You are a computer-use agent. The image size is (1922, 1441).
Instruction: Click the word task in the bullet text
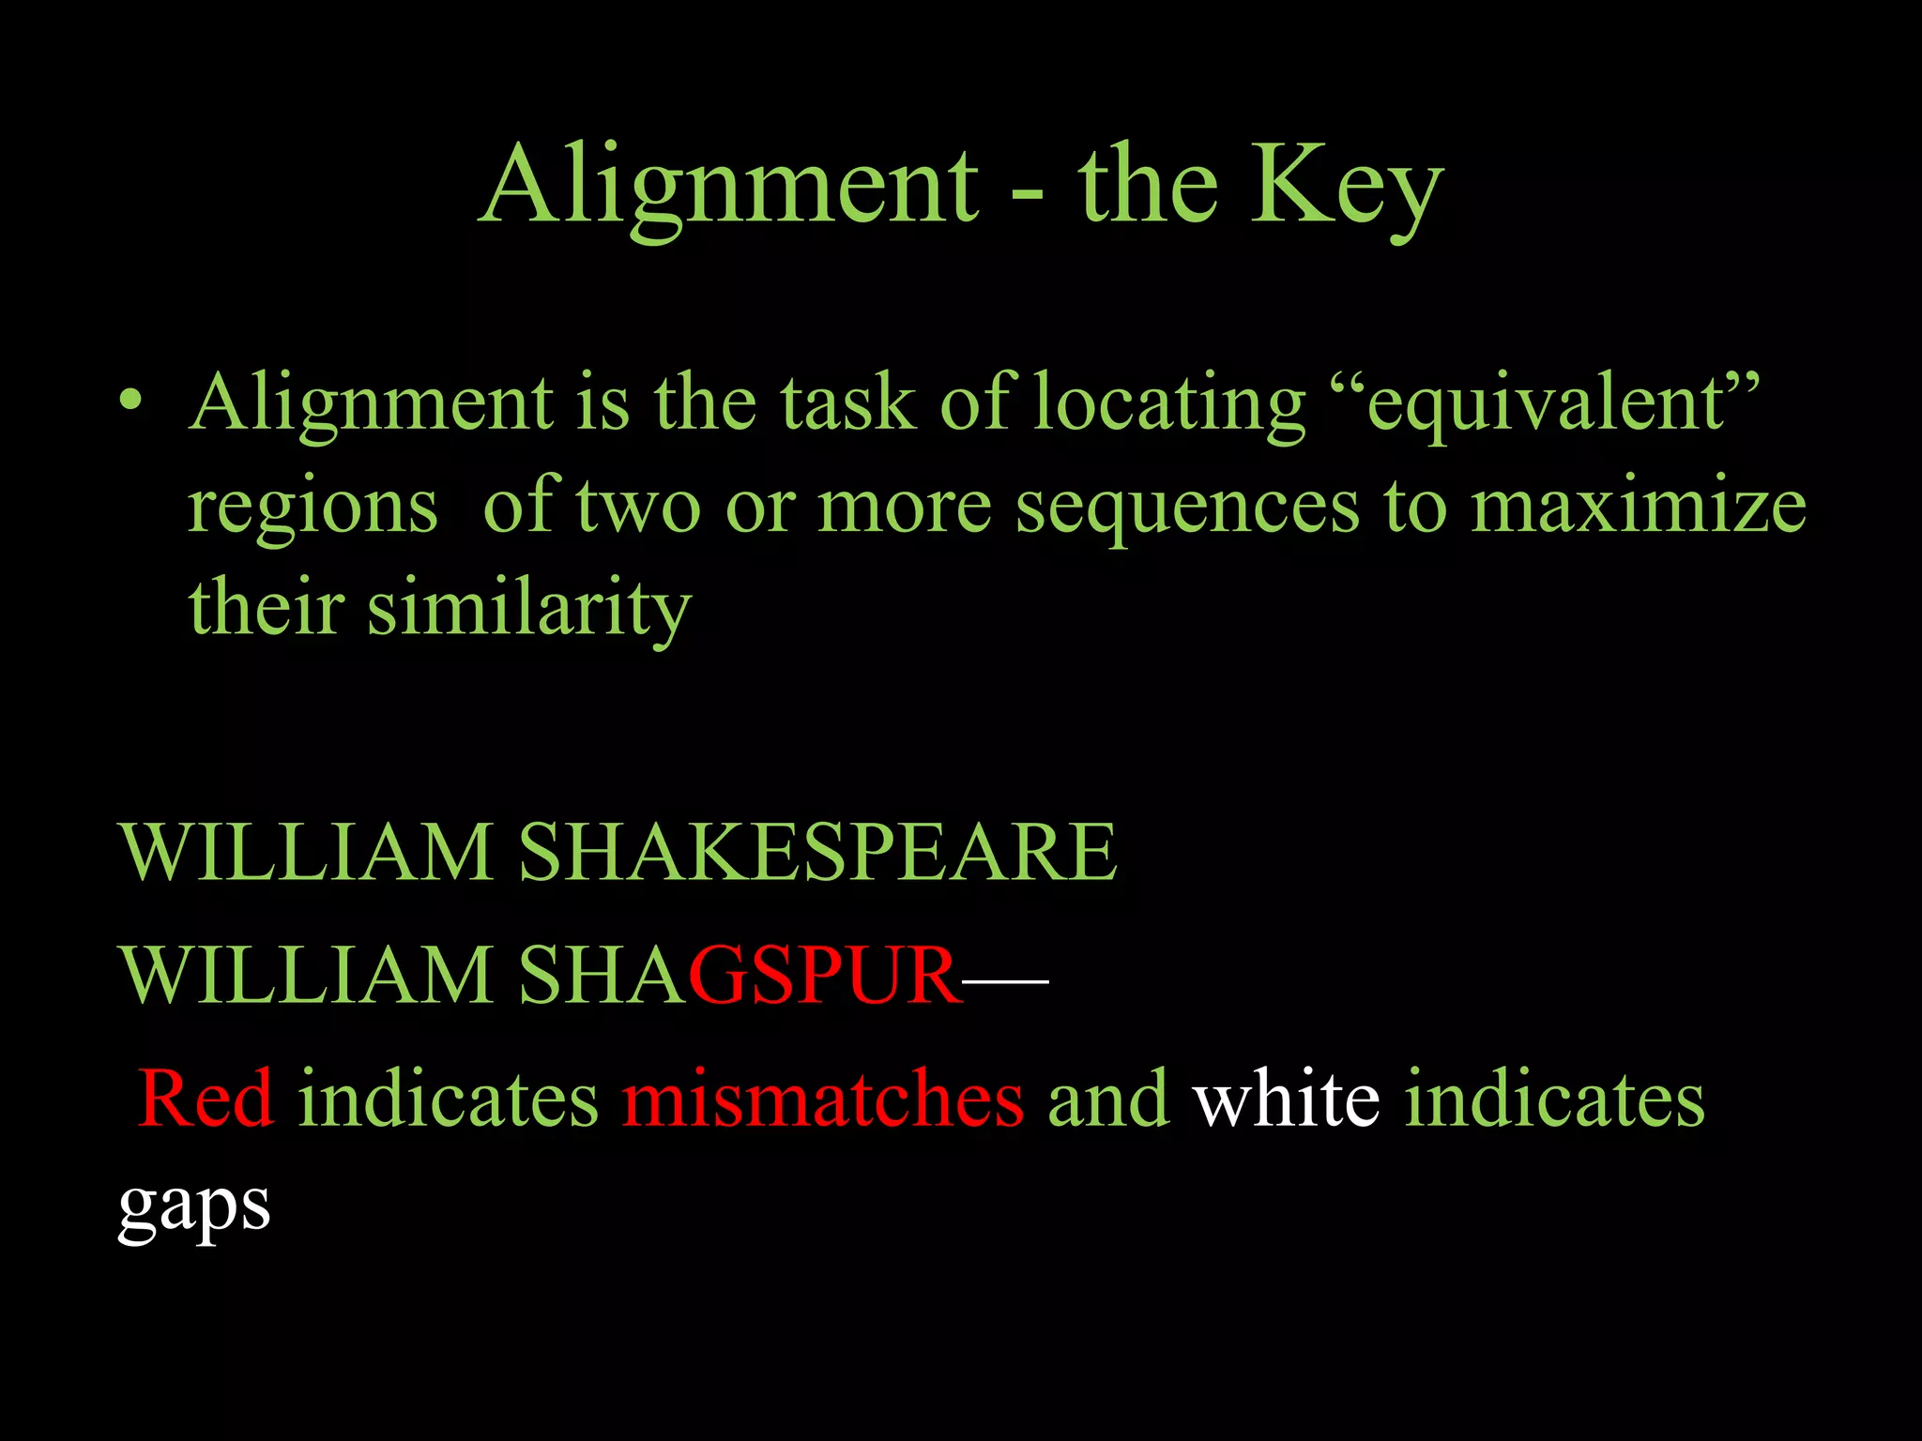pos(848,402)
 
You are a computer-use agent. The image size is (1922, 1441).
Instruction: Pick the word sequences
pos(1187,508)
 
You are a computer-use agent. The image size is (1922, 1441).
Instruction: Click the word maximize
pos(1638,506)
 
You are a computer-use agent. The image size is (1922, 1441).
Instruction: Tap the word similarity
pos(529,609)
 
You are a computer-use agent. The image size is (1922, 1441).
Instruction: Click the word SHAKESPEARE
pos(817,852)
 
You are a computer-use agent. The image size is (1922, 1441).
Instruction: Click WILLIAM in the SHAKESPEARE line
pos(306,852)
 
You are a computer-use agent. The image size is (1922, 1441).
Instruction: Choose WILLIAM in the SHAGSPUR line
pos(306,976)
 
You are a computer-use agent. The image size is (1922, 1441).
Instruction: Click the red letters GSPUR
pos(826,976)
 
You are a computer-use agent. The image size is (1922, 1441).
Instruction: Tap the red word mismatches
pos(823,1099)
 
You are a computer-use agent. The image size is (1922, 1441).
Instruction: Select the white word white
pos(1287,1099)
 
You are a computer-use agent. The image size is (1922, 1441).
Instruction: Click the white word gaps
pos(194,1208)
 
